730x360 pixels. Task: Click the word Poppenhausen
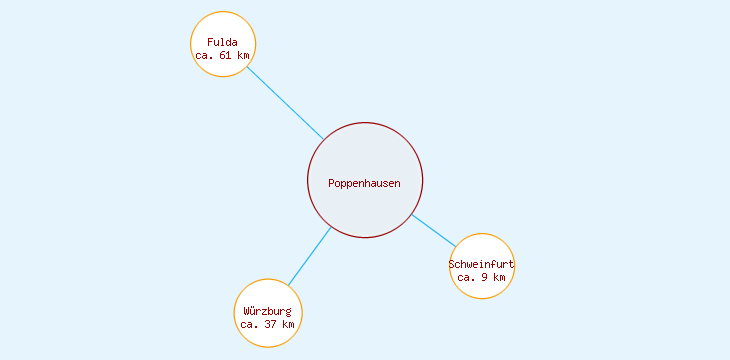364,183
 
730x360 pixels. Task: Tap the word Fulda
223,42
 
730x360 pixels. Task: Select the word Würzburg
267,311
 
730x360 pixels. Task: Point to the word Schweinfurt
481,264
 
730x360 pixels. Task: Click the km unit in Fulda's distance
243,55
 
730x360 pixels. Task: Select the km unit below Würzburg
287,324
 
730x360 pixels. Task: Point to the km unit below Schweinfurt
499,277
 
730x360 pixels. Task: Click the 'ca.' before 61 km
205,55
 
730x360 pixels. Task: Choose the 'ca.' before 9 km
466,277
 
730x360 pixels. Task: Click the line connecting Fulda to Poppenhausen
285,103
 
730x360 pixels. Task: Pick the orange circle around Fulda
223,22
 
